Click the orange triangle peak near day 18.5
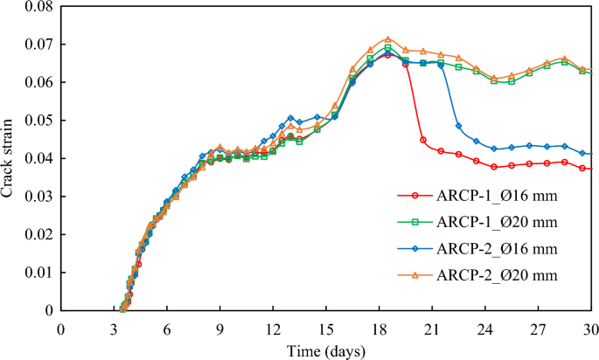click(388, 39)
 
